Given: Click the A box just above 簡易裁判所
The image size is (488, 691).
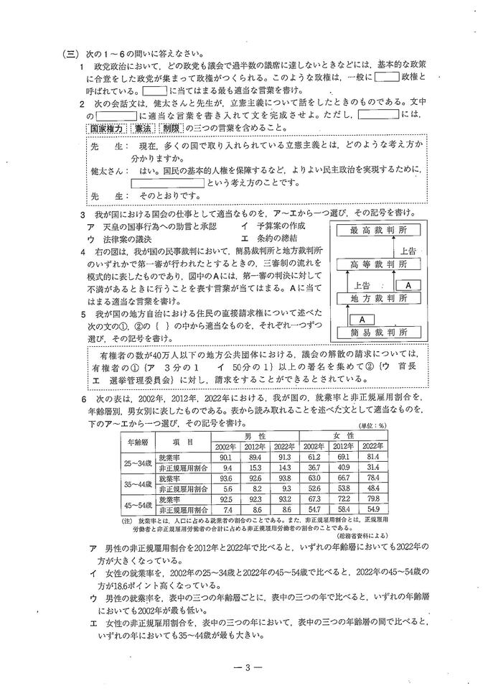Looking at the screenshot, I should click(363, 317).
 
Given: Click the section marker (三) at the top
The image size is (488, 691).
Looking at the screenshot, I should click(70, 52).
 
